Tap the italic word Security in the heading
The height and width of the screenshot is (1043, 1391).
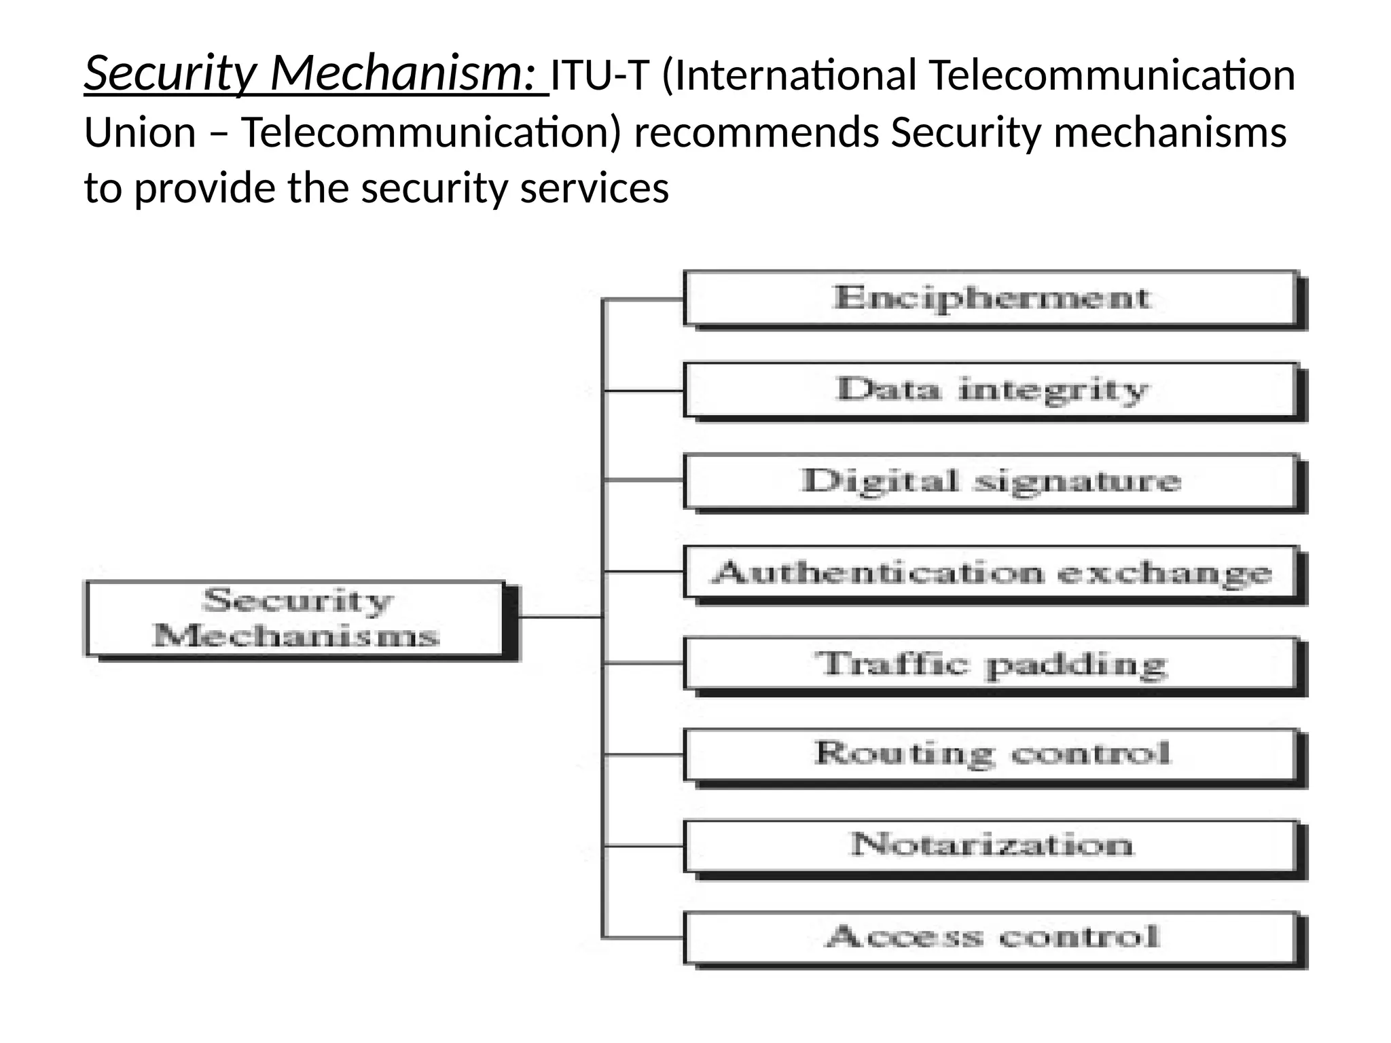click(x=170, y=73)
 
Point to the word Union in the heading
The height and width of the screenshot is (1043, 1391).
click(x=140, y=132)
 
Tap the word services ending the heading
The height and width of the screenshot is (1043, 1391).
click(x=594, y=188)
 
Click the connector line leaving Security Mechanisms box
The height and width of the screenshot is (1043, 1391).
click(x=560, y=617)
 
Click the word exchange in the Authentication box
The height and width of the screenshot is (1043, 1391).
click(x=1164, y=574)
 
